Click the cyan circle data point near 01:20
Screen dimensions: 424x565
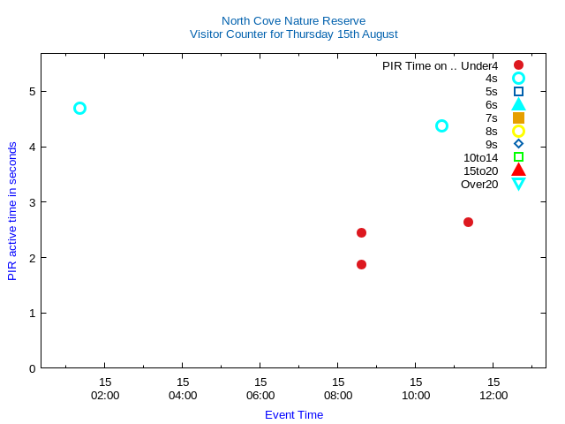(79, 108)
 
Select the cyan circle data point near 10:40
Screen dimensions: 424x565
(441, 125)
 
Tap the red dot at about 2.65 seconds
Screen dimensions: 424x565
(468, 222)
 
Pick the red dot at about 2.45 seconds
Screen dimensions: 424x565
(361, 232)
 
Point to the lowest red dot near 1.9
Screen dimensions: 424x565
(361, 264)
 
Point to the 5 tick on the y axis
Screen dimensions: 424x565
(32, 91)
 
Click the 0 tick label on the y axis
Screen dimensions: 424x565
(32, 368)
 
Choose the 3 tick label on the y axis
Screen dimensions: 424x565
(32, 202)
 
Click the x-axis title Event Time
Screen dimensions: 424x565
(294, 414)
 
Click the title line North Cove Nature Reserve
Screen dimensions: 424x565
(293, 20)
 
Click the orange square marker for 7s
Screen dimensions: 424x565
(518, 117)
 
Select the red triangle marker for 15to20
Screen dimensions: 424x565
(518, 170)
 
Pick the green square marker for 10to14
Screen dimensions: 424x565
(518, 157)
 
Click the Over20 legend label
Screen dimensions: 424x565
(479, 184)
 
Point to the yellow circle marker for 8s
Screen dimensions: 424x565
(518, 131)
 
